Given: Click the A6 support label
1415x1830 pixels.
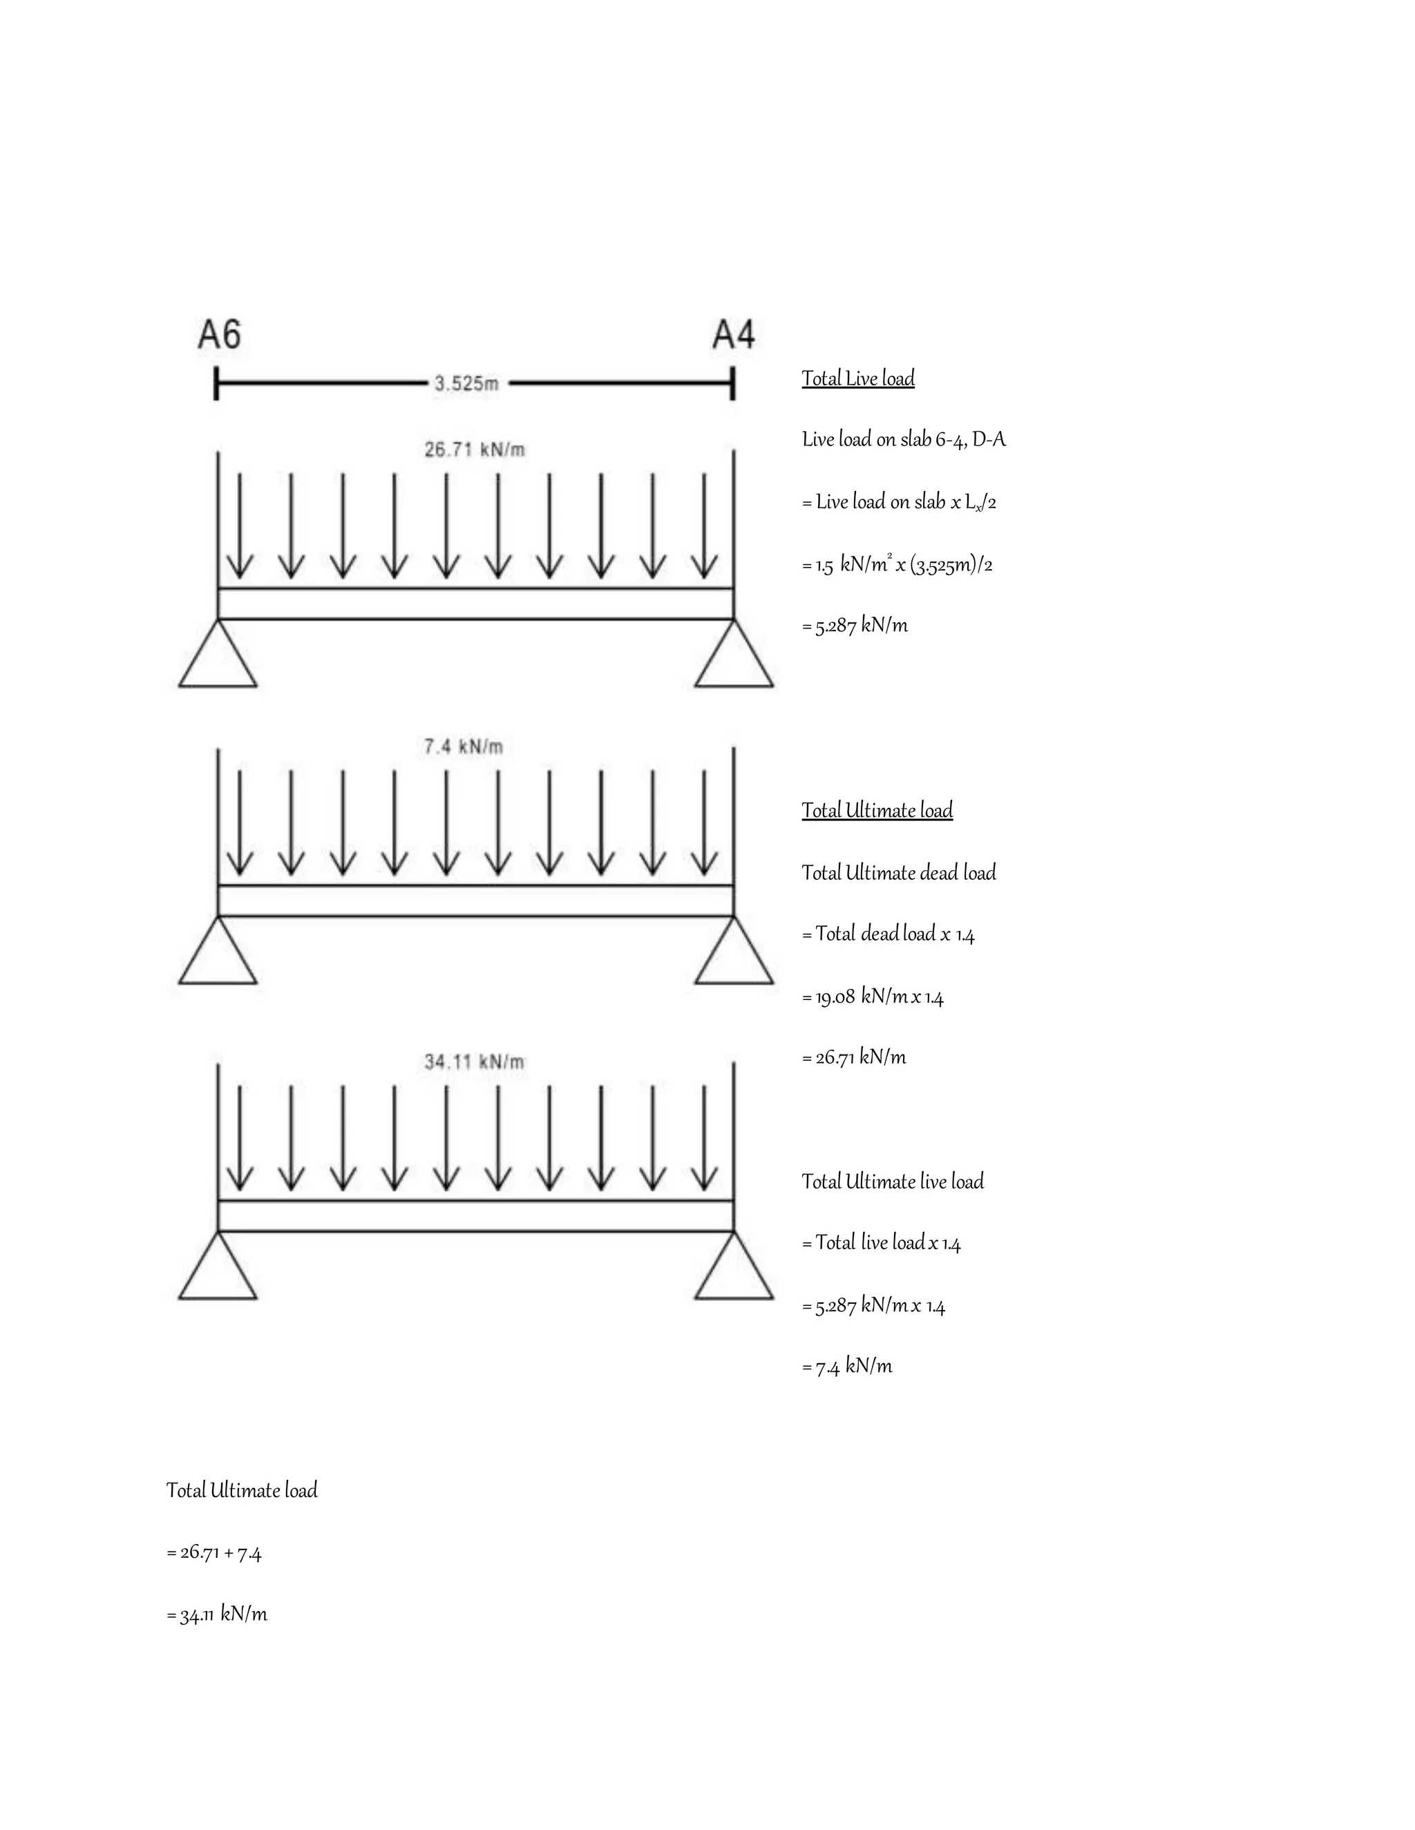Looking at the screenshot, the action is [x=219, y=334].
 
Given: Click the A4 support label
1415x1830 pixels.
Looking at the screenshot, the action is [x=734, y=334].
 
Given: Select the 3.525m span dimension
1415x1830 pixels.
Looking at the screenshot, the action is [x=466, y=384].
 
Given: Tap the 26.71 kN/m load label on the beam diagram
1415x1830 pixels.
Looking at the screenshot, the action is [x=475, y=450].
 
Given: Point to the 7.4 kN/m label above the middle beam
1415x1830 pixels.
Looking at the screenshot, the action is [x=464, y=747].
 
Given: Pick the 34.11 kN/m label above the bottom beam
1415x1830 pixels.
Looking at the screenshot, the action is [x=475, y=1063].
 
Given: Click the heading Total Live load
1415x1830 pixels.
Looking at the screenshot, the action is [x=857, y=378].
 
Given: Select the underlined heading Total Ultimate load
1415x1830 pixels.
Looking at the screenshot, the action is [x=877, y=810].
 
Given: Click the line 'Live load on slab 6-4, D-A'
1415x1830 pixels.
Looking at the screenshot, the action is [x=904, y=439].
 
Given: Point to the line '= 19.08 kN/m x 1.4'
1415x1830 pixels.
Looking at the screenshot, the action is [x=873, y=996].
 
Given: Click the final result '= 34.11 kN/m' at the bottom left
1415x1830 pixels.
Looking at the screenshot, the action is [x=217, y=1615].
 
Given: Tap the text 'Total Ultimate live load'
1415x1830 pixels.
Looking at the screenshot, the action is [x=893, y=1182].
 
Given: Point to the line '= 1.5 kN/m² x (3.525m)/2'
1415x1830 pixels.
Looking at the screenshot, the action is [x=897, y=565].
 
